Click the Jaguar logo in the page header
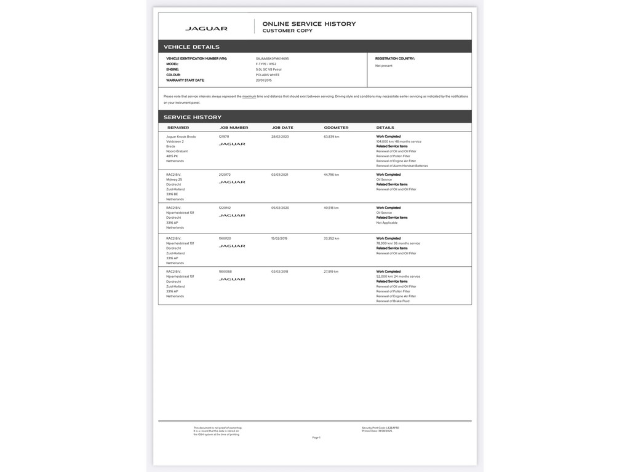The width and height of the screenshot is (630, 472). coord(206,28)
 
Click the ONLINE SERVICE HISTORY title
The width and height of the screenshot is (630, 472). coord(309,24)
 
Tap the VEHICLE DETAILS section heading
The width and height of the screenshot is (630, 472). coord(191,47)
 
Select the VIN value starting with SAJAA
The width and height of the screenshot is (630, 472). coord(272,58)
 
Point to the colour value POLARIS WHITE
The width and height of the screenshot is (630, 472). coord(268,75)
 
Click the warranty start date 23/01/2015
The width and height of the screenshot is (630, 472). coord(264,81)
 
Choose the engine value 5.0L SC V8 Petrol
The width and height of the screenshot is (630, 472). coord(268,69)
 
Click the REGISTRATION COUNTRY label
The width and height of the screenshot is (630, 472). coord(395,58)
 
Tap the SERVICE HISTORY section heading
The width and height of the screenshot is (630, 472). coord(193,117)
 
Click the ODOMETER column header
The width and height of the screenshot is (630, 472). coord(336,128)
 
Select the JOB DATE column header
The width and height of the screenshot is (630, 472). coord(282,128)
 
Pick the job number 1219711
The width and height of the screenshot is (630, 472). coord(224,136)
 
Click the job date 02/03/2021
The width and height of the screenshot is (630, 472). coord(280,175)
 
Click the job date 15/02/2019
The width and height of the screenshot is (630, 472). coord(280,238)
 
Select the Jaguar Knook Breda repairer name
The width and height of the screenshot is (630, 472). coord(181,136)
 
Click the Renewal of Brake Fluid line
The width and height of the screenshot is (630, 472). coord(393,301)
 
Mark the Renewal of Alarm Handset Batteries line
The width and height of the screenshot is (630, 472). coord(402,166)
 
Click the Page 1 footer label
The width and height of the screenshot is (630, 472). coord(316,438)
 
